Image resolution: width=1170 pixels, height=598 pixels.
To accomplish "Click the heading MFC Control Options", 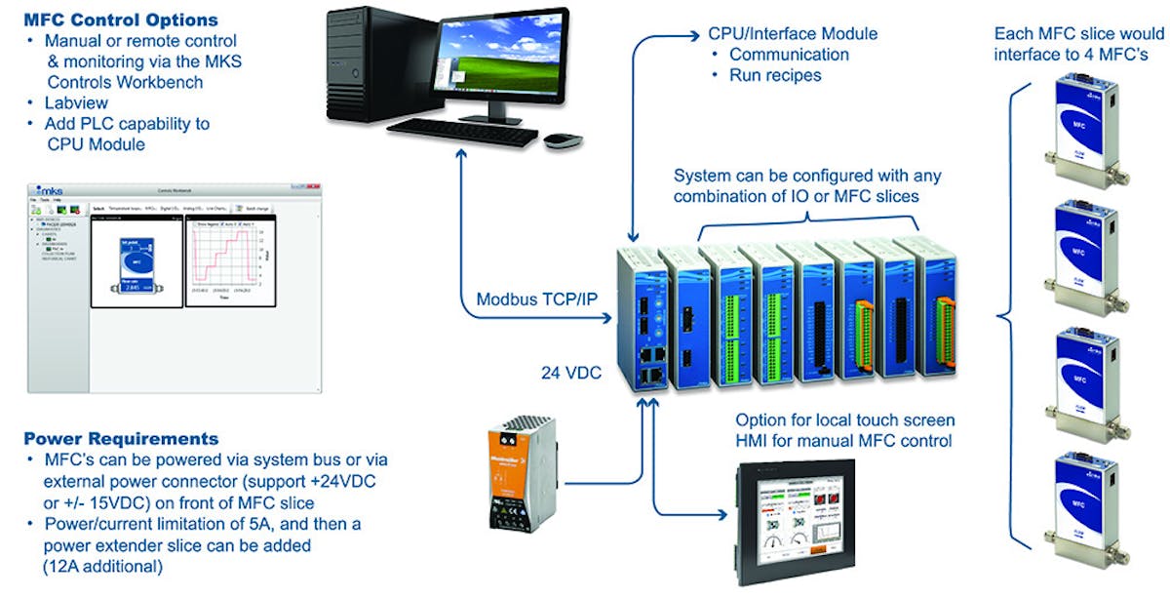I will [x=121, y=20].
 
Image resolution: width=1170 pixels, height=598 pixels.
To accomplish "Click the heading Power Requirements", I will [x=121, y=438].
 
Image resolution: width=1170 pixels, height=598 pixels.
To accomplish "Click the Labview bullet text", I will [x=76, y=102].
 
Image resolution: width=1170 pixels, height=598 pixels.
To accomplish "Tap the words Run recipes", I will [x=775, y=75].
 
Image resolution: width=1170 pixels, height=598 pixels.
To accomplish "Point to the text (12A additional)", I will [x=103, y=566].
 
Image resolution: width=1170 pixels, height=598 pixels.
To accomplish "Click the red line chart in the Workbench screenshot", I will [x=224, y=258].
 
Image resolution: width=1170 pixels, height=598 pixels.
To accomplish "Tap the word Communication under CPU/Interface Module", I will [x=789, y=55].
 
